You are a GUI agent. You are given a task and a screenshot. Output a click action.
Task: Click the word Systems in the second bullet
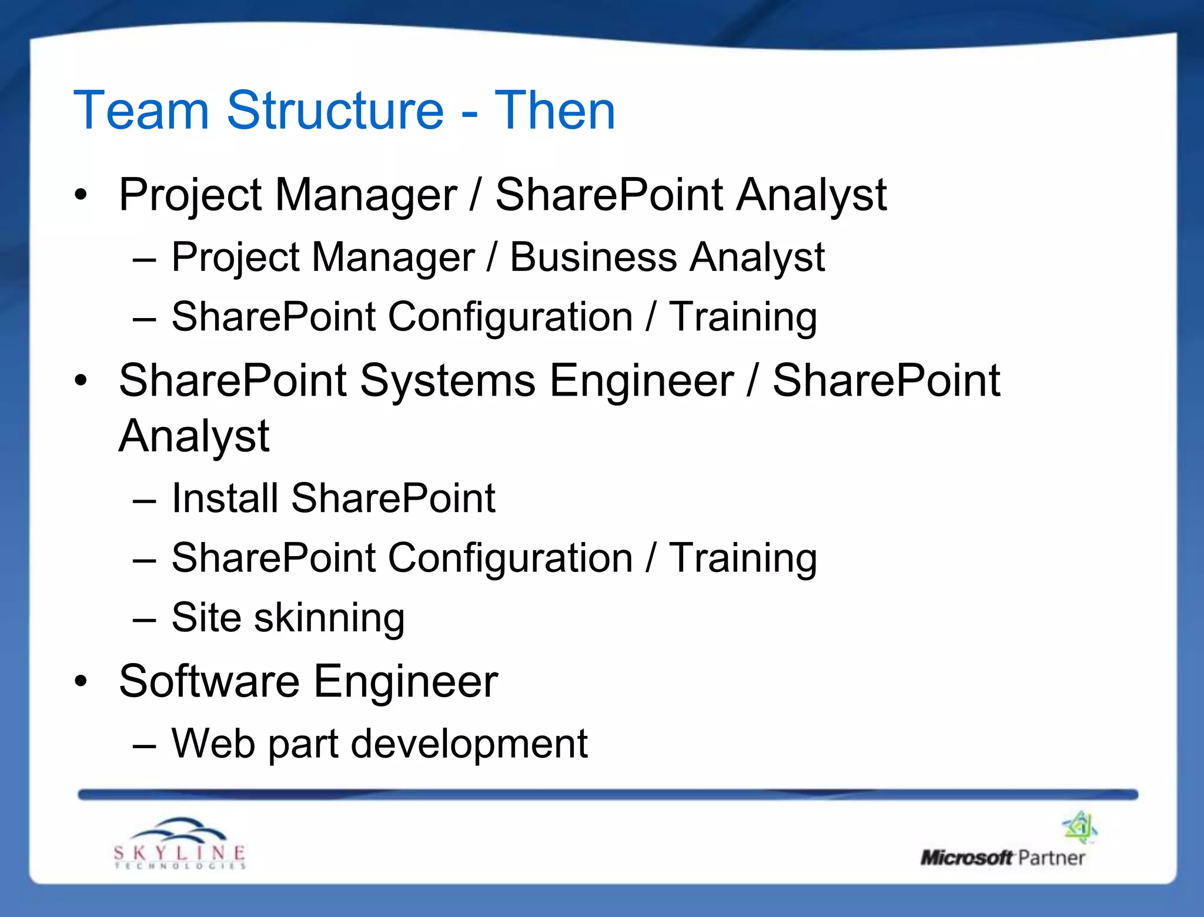[x=447, y=380]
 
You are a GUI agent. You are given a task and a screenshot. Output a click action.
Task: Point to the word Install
[x=224, y=498]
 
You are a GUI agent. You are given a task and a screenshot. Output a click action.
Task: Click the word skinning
[x=329, y=618]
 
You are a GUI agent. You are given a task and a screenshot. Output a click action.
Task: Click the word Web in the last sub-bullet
[x=213, y=744]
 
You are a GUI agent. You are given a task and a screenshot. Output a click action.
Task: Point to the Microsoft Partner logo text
[x=1002, y=858]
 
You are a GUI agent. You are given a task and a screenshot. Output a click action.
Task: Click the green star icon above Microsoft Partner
[x=1080, y=826]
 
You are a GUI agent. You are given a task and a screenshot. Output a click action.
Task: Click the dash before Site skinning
[x=144, y=620]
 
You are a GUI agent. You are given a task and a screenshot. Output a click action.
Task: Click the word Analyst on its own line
[x=194, y=436]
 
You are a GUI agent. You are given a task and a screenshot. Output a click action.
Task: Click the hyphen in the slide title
[x=469, y=113]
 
